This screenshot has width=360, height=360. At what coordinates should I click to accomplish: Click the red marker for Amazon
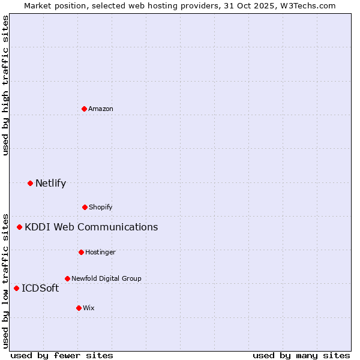click(84, 109)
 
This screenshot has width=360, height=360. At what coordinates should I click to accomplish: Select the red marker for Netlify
click(30, 183)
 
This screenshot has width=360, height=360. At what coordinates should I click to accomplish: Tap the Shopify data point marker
click(85, 207)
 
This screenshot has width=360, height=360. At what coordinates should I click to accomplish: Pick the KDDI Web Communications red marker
click(20, 227)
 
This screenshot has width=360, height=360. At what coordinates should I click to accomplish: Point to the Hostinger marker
click(81, 252)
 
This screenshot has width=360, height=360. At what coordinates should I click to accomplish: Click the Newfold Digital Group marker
click(67, 278)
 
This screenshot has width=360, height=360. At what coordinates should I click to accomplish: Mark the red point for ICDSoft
click(16, 288)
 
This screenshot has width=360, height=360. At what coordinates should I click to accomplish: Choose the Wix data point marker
click(79, 308)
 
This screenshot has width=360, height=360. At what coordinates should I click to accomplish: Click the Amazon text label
click(101, 109)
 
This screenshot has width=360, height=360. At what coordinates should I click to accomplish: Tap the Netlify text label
click(50, 183)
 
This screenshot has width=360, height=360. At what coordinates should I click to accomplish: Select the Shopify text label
click(101, 207)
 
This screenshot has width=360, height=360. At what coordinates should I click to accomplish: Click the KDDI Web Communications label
click(91, 227)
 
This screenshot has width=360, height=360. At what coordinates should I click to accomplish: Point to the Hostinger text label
click(100, 252)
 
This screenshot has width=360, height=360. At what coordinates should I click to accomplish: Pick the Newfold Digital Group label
click(106, 278)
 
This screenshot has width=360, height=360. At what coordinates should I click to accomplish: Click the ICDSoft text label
click(40, 288)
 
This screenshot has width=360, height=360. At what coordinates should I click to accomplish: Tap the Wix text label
click(89, 308)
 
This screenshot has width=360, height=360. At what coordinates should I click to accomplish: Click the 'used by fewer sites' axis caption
click(62, 355)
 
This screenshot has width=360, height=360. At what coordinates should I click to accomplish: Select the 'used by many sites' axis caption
click(301, 355)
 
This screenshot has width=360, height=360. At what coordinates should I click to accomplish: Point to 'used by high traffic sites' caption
click(5, 85)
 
